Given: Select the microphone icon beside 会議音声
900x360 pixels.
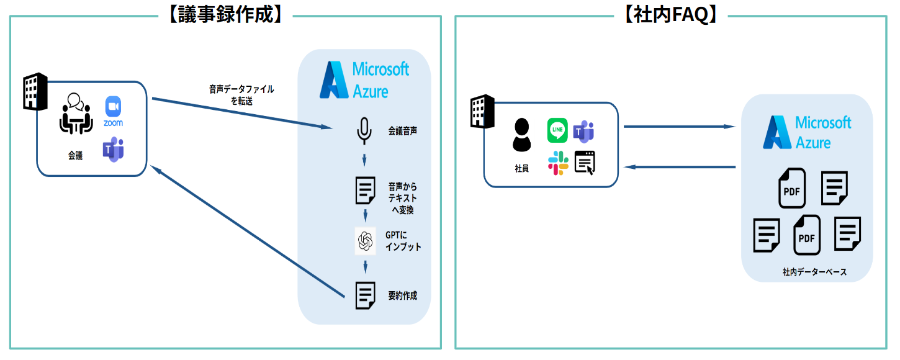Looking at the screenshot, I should click(x=364, y=131).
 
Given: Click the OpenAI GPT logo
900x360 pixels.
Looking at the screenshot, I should click(x=365, y=241).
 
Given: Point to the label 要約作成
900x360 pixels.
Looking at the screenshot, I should click(x=402, y=295).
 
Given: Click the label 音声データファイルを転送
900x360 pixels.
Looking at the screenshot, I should click(x=241, y=95).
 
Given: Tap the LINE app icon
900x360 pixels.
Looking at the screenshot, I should click(x=557, y=130).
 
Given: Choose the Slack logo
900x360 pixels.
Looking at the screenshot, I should click(x=557, y=163).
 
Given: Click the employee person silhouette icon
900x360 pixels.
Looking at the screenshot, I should click(x=521, y=135).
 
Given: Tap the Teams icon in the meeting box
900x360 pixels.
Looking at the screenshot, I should click(x=113, y=150).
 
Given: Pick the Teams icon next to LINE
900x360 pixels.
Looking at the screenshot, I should click(x=584, y=130).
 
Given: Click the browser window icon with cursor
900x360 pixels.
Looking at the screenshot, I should click(x=585, y=163).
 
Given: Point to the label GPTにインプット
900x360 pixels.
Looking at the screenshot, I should click(x=403, y=241).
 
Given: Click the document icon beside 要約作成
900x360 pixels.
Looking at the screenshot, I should click(x=365, y=295).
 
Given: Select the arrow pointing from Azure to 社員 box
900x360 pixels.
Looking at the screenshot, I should click(x=680, y=167).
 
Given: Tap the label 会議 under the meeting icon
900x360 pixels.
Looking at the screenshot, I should click(x=75, y=156).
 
